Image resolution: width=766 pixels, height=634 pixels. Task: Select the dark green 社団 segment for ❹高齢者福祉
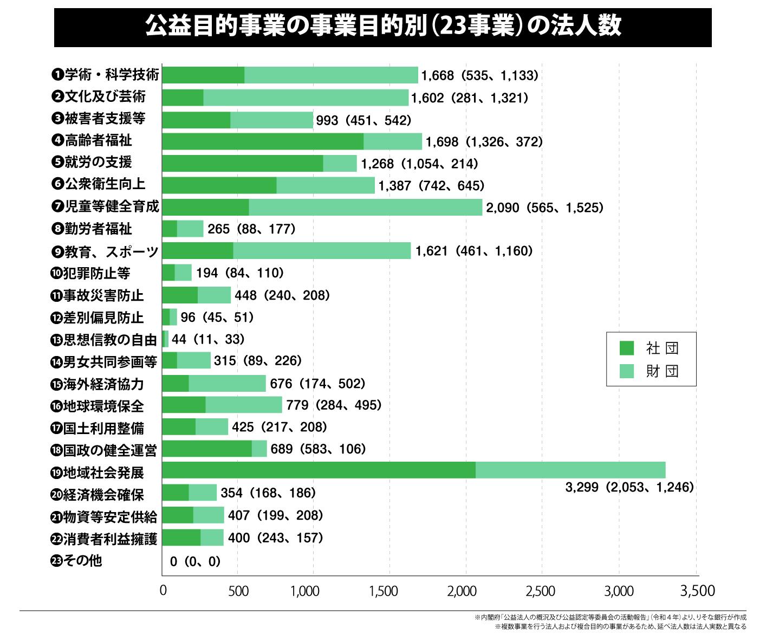(x=263, y=141)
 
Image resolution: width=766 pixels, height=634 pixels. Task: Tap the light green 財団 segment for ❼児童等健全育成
(x=365, y=207)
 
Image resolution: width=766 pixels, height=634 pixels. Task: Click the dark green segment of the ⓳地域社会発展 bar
(x=319, y=470)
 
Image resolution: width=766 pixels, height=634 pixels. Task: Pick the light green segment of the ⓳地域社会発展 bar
(x=570, y=470)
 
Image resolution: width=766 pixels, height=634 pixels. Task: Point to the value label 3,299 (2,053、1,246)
(x=629, y=487)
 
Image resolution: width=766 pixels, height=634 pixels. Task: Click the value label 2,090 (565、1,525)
(x=544, y=208)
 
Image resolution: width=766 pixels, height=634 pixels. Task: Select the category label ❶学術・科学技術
(x=106, y=75)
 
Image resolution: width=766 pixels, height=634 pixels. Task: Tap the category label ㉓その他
(x=76, y=560)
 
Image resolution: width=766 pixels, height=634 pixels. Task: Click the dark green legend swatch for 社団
(x=627, y=348)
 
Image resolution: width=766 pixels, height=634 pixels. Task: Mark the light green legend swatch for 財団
(x=627, y=371)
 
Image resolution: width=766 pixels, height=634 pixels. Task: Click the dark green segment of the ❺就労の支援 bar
(x=242, y=163)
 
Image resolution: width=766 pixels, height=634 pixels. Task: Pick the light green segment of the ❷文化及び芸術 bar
(x=306, y=98)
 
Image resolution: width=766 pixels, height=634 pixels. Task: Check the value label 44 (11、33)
(x=208, y=339)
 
